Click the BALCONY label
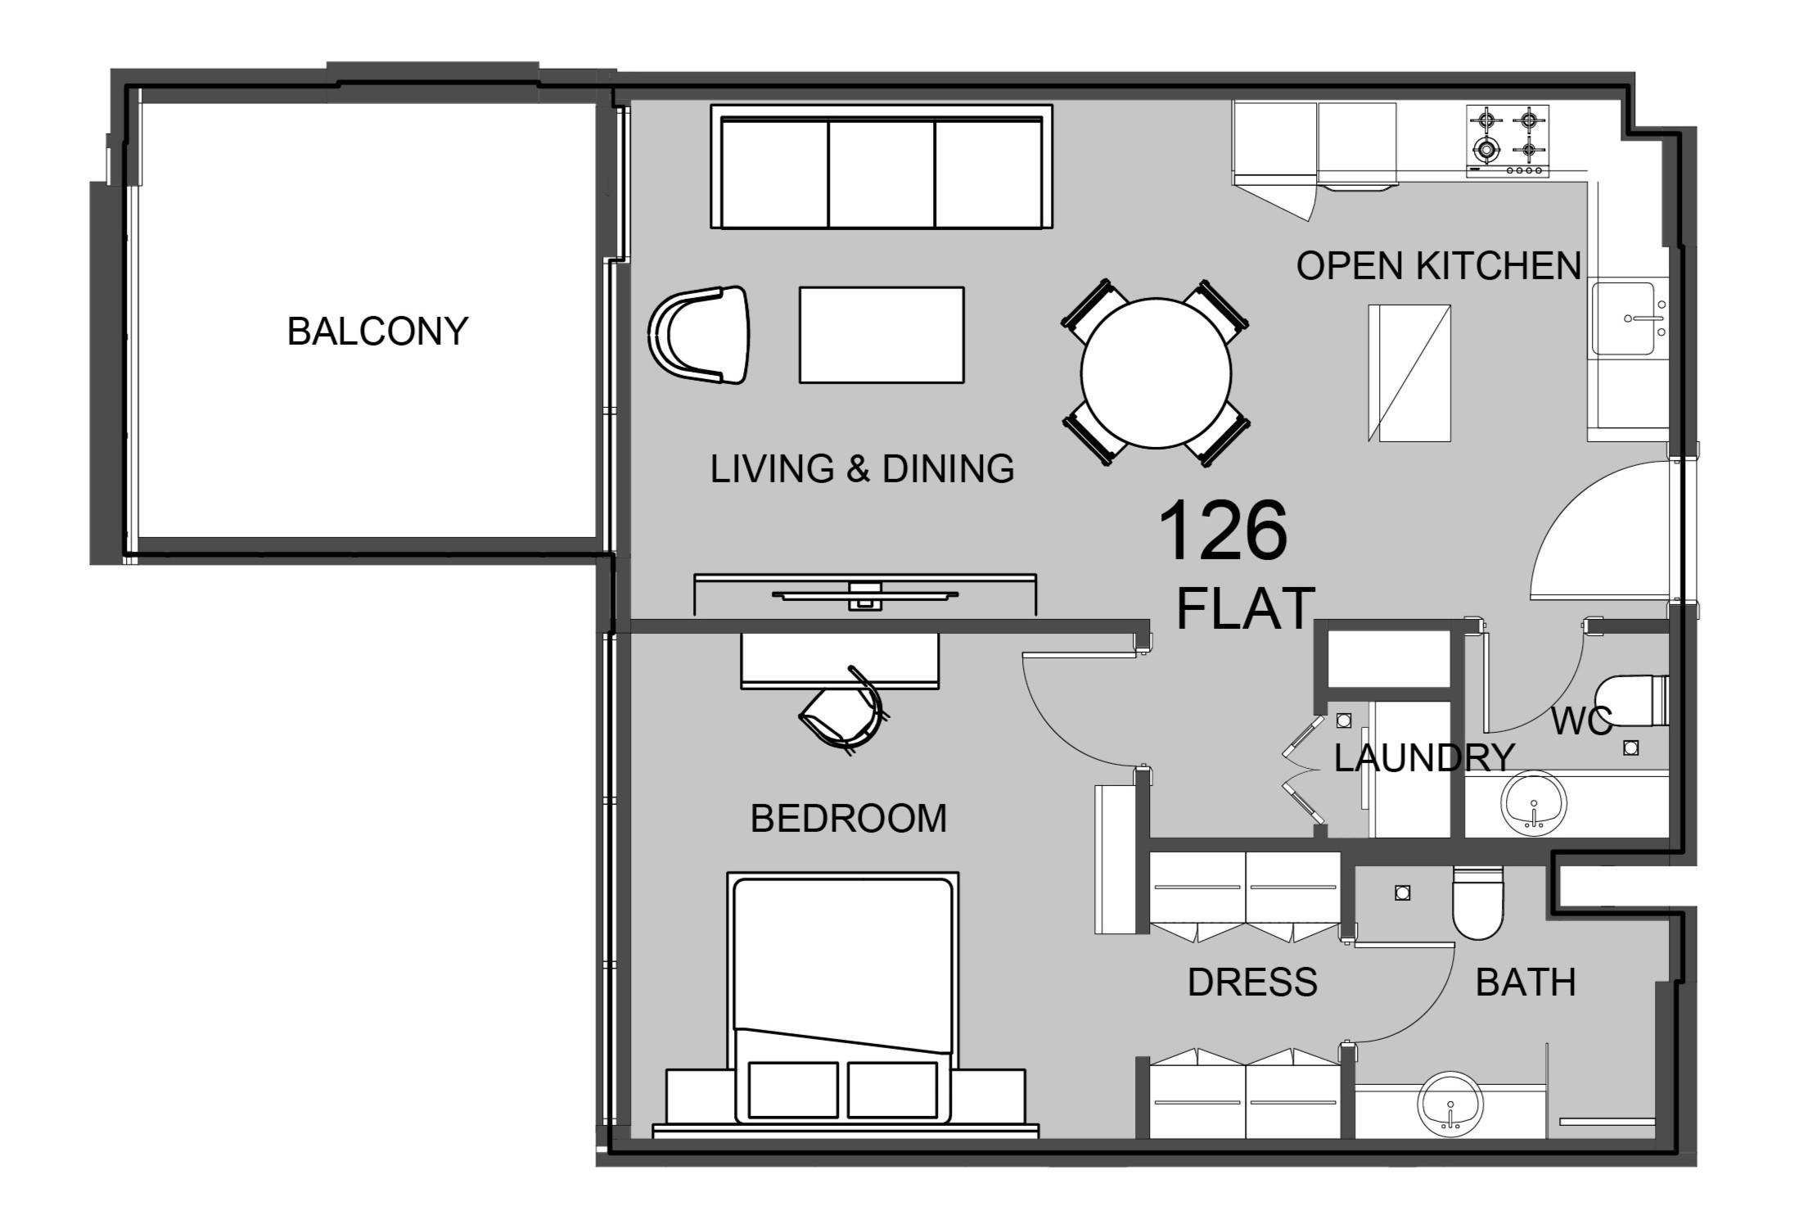point(377,332)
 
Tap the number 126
point(1223,532)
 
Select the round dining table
point(1156,373)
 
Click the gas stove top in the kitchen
point(1507,141)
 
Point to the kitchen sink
point(1622,319)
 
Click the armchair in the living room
point(701,335)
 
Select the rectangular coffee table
point(881,335)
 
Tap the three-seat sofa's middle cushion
point(881,174)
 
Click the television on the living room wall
point(864,595)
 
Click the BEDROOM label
point(848,819)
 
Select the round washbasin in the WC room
point(1533,803)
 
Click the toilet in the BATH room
point(1478,902)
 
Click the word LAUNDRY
point(1424,758)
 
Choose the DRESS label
point(1252,982)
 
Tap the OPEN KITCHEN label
point(1438,266)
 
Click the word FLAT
point(1245,608)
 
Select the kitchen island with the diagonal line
point(1409,373)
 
